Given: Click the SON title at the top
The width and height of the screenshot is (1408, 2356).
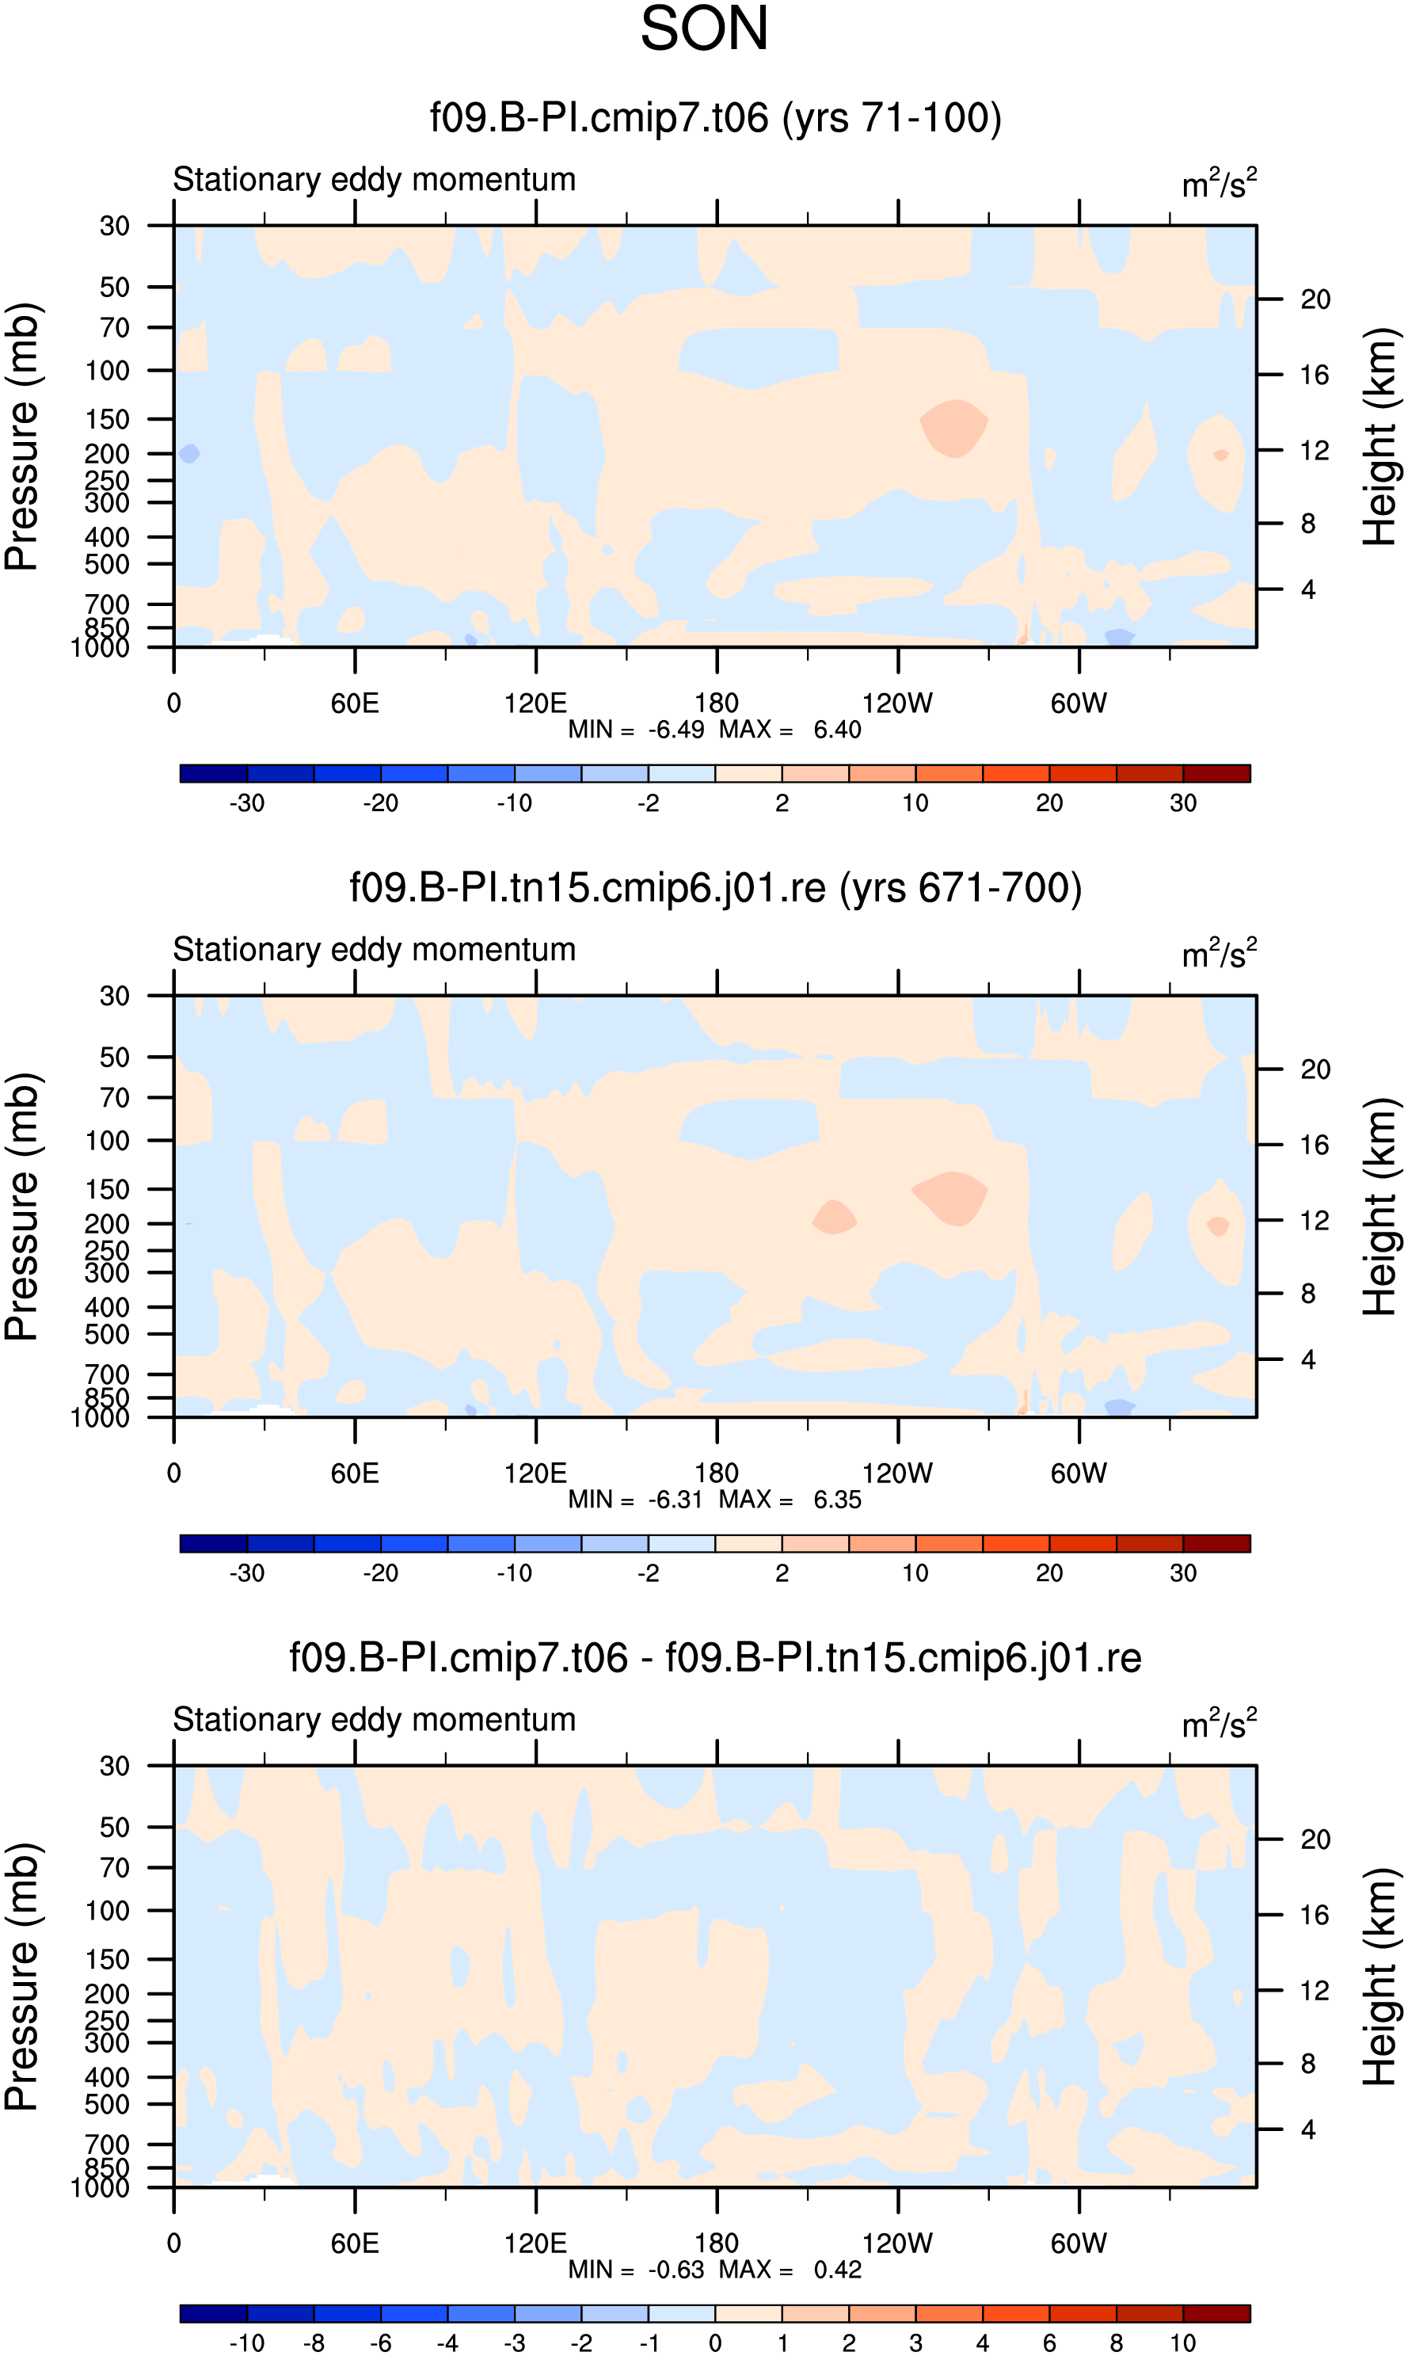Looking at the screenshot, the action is [704, 29].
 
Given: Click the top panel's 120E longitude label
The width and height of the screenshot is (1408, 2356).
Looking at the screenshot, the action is [535, 703].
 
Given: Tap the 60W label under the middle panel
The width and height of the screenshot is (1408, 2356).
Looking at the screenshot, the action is [1079, 1473].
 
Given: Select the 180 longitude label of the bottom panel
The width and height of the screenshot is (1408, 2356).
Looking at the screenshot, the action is [717, 2243].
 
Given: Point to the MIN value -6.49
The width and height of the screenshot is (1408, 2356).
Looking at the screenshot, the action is [676, 730].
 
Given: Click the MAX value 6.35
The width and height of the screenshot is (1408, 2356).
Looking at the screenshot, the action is [838, 1500].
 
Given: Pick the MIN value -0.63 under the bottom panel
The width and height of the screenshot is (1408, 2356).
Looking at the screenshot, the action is [676, 2270].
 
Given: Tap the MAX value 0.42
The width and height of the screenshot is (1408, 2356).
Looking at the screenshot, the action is [838, 2270].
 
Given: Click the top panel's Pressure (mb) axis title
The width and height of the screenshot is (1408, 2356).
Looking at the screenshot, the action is [22, 437].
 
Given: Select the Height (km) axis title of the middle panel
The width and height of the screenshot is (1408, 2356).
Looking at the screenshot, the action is [1380, 1207].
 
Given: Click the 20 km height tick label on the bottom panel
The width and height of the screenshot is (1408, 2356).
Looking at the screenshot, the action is [1315, 1839].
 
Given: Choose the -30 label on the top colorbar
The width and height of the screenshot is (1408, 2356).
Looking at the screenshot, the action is [247, 802].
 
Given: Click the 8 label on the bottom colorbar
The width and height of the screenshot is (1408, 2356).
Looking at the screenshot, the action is [1117, 2343].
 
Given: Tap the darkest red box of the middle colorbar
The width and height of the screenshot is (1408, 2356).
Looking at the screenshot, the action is [1216, 1544].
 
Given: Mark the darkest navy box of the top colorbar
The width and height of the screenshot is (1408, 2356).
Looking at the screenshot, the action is [214, 773].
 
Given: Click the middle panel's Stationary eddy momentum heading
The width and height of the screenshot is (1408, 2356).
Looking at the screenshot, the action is [375, 950].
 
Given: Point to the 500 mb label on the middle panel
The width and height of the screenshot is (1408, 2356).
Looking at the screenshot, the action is [107, 1335].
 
